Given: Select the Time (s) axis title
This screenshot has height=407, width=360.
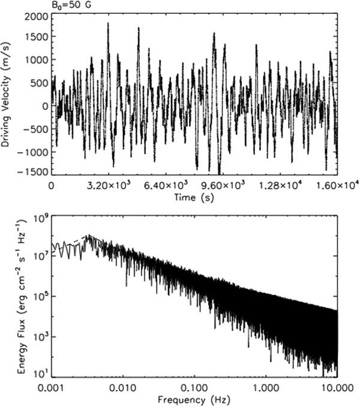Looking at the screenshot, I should [x=193, y=196].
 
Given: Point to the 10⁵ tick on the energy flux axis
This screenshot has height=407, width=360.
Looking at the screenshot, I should [x=40, y=296].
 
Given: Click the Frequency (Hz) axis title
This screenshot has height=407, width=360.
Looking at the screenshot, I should [x=193, y=398].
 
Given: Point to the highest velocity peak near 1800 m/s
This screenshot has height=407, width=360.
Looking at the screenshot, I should [x=108, y=24].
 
